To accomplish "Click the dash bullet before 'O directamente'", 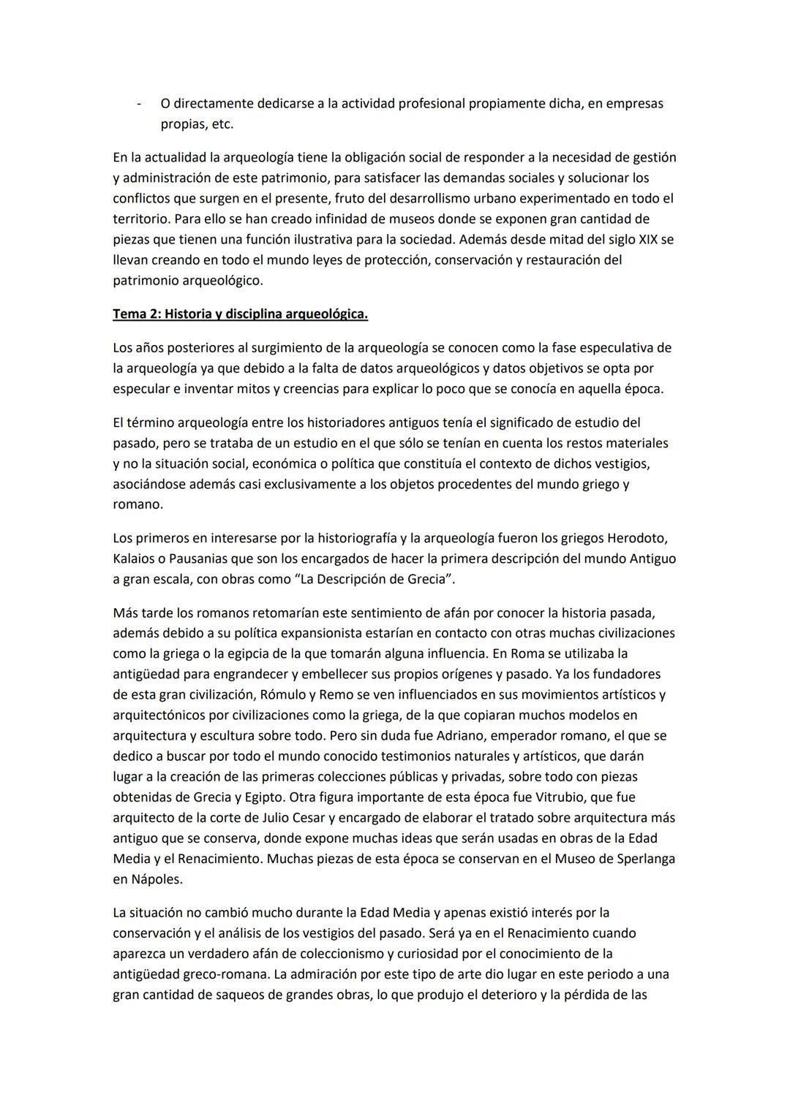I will (x=138, y=104).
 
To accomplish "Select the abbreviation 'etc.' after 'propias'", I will (x=221, y=124).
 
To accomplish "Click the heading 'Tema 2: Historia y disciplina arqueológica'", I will (x=240, y=314).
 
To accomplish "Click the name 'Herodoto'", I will (x=637, y=539).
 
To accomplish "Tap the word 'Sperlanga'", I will (x=643, y=858).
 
